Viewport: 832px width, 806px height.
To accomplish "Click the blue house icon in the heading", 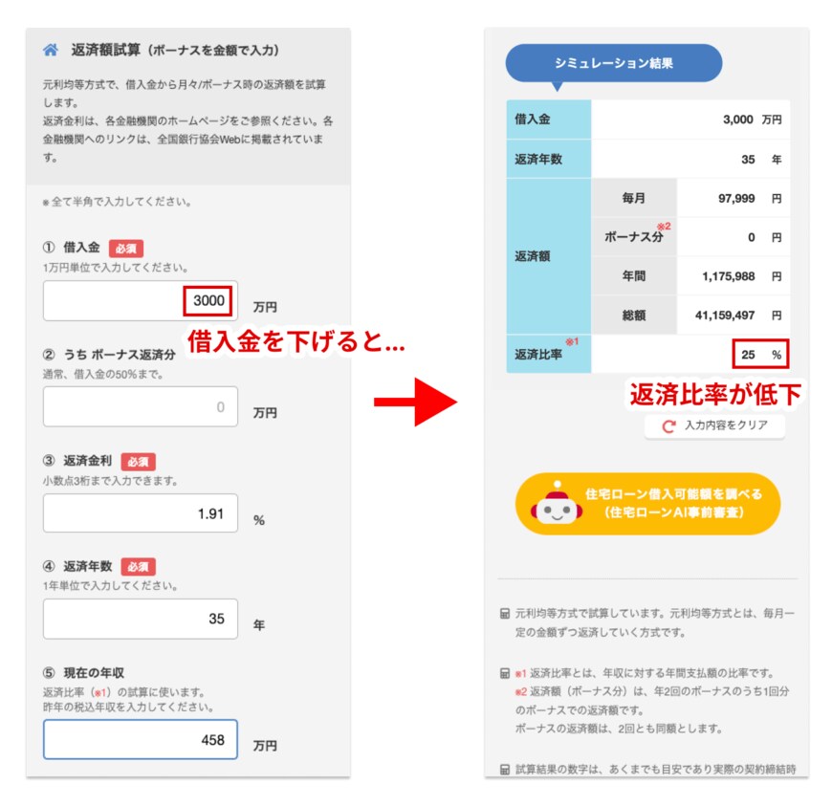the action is [51, 50].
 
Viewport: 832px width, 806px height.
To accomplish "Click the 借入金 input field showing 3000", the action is [140, 301].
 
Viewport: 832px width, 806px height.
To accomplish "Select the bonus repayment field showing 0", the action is [140, 406].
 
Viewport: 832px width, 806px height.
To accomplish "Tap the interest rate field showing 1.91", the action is [140, 513].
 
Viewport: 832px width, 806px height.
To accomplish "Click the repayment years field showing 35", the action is [140, 619].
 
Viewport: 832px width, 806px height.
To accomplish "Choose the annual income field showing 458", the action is [140, 739].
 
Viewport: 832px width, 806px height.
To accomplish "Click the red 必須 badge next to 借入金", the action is [125, 249].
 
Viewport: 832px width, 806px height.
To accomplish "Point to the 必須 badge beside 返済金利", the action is [138, 462].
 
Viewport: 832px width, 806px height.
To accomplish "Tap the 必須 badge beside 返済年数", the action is [138, 567].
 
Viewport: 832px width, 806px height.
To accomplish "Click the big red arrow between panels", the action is [415, 402].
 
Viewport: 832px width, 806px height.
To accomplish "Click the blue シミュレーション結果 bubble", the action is [613, 64].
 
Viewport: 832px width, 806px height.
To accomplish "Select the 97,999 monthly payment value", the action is [736, 199].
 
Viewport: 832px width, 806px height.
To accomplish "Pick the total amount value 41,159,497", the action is [725, 316].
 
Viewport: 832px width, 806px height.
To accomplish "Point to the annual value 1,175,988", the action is [728, 276].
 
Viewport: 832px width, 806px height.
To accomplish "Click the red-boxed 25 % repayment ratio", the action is [760, 354].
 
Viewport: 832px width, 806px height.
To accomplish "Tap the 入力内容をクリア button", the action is [714, 425].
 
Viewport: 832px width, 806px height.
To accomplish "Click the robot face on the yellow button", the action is [557, 507].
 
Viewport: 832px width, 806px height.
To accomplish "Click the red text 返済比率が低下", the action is [715, 394].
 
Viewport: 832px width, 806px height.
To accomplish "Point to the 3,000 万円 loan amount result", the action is [753, 120].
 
